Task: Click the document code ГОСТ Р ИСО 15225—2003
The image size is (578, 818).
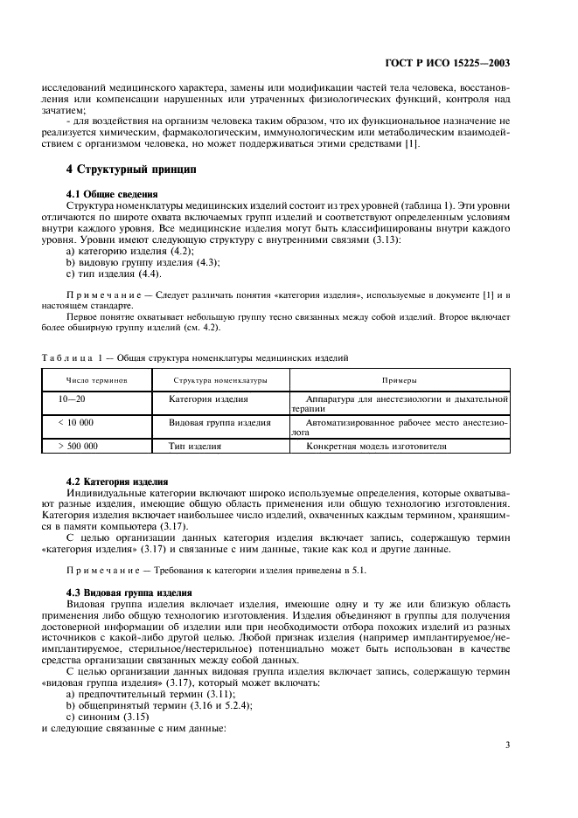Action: (x=448, y=64)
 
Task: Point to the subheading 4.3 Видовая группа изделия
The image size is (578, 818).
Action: (x=129, y=593)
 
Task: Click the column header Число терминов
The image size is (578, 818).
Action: (x=97, y=380)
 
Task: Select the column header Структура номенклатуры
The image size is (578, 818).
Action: (x=219, y=380)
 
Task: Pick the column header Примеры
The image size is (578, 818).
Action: (x=398, y=380)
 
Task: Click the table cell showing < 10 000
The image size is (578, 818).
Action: (x=75, y=422)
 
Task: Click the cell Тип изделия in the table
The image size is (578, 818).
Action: (x=194, y=446)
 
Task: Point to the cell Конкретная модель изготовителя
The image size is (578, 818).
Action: (x=376, y=446)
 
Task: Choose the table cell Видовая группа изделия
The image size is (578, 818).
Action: (x=219, y=422)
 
